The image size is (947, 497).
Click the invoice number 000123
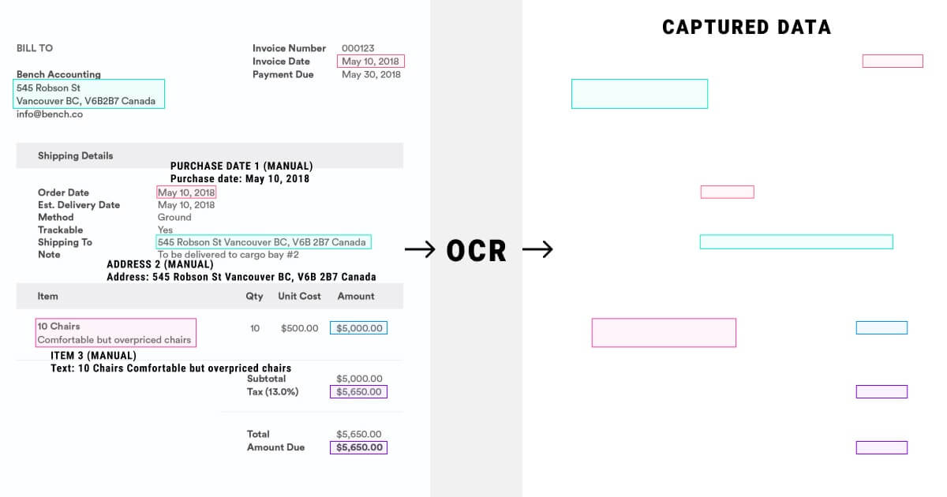(358, 48)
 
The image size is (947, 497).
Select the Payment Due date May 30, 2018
(371, 74)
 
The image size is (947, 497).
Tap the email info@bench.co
(49, 114)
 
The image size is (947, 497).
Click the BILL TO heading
(35, 48)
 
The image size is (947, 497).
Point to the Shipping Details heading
(75, 155)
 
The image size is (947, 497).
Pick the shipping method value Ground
(174, 217)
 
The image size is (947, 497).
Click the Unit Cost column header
(299, 296)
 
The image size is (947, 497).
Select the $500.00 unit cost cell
(299, 328)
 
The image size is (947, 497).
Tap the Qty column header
(254, 296)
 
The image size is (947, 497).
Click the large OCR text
(476, 250)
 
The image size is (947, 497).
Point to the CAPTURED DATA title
(746, 28)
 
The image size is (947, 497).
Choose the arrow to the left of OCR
(421, 250)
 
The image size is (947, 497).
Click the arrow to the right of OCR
(537, 250)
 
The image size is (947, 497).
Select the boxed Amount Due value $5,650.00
(359, 447)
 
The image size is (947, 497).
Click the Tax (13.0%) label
(272, 392)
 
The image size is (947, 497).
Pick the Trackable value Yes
(165, 230)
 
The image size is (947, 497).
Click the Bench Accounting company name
(58, 74)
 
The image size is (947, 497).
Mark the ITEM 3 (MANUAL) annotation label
(93, 356)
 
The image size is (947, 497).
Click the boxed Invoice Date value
(370, 62)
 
